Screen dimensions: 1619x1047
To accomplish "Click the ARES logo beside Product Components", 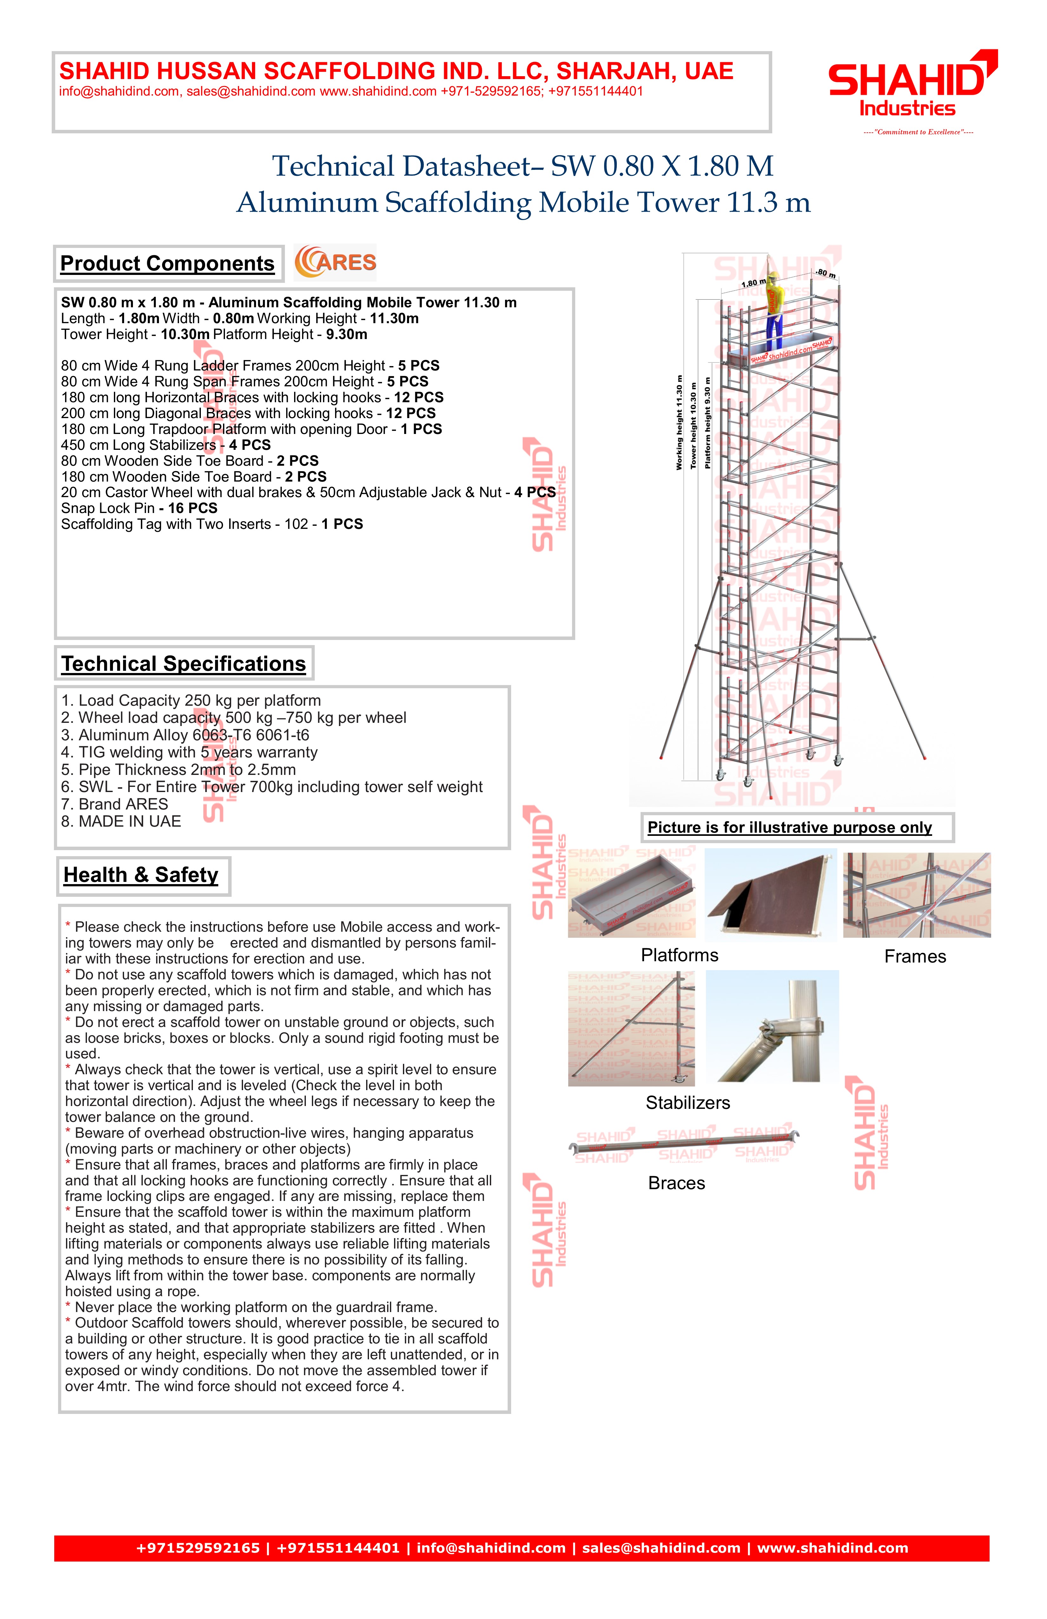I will pyautogui.click(x=335, y=263).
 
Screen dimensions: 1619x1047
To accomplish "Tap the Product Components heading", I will pyautogui.click(x=167, y=263).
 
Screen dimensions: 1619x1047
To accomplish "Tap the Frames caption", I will pyautogui.click(x=915, y=956).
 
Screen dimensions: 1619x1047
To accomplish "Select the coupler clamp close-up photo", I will pyautogui.click(x=772, y=1026).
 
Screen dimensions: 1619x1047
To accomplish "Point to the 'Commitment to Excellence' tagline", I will pyautogui.click(x=918, y=132).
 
